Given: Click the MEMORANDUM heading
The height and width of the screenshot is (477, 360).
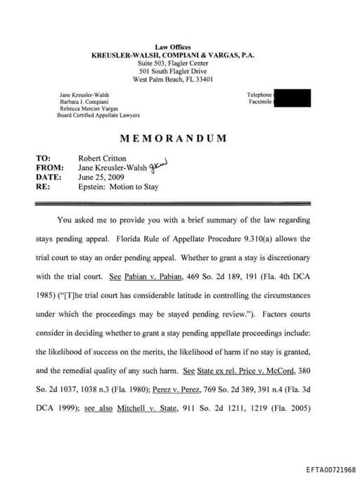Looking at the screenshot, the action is [173, 138].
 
